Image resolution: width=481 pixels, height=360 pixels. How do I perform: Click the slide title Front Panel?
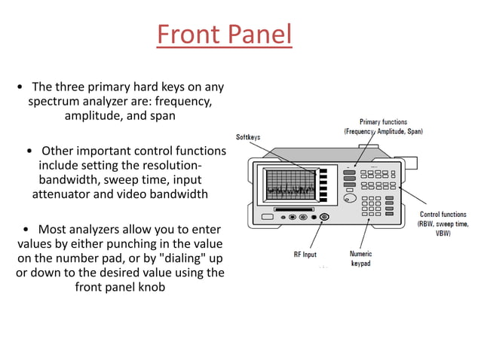pos(224,35)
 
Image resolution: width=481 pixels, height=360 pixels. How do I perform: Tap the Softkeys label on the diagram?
pos(249,137)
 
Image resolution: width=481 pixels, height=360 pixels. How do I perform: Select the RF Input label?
pos(305,255)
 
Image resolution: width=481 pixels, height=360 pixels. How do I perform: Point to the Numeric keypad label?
pos(360,259)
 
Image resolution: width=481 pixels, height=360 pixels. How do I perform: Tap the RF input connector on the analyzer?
pos(324,218)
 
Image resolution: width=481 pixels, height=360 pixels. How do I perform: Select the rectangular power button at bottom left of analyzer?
pos(268,218)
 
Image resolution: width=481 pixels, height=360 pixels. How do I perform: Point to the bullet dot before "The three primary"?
pos(20,87)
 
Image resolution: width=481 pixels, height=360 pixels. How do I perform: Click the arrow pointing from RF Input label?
pos(316,234)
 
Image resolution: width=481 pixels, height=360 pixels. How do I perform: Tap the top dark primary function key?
pos(349,173)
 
